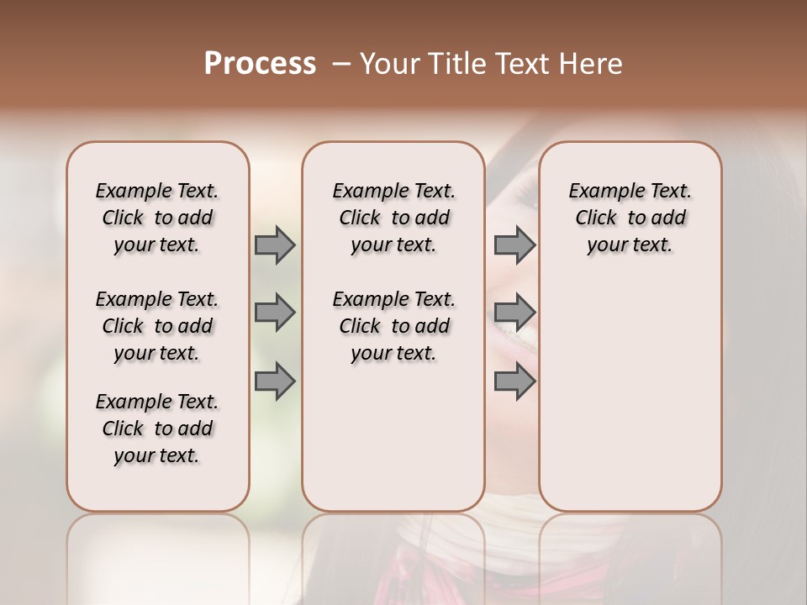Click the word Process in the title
[260, 64]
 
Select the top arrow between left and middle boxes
[275, 245]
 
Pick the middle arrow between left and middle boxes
[275, 313]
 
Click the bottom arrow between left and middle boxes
[275, 381]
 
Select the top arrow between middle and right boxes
[514, 245]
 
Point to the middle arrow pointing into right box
[514, 313]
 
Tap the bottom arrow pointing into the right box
[514, 381]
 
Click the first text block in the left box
[157, 218]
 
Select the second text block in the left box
[157, 326]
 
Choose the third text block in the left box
[157, 429]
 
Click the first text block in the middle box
[393, 218]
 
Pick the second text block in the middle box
[393, 326]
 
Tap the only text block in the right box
[630, 218]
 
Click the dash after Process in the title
[341, 64]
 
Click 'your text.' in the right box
[630, 245]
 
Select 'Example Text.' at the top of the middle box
[393, 191]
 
